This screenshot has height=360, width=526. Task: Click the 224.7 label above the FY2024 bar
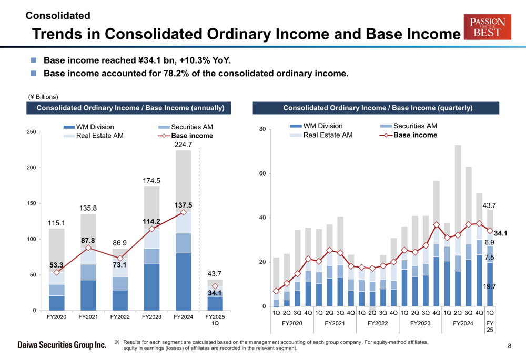pos(183,145)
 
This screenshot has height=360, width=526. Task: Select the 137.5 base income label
pos(184,205)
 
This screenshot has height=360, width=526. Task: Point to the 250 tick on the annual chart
pos(31,132)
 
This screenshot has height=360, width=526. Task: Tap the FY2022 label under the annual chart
pos(120,317)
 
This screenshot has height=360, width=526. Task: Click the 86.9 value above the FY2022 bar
pos(120,243)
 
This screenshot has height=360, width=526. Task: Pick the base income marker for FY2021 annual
pos(88,248)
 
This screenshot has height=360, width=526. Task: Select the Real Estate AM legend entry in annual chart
pos(95,136)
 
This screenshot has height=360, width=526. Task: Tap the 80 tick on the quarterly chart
pos(263,129)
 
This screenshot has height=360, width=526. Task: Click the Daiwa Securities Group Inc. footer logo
pos(62,345)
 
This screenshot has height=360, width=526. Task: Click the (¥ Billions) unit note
pos(43,97)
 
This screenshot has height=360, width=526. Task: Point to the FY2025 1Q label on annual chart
pos(215,320)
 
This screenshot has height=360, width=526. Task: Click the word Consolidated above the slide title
pos(58,16)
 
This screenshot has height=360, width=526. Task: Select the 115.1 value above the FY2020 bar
pos(56,223)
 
